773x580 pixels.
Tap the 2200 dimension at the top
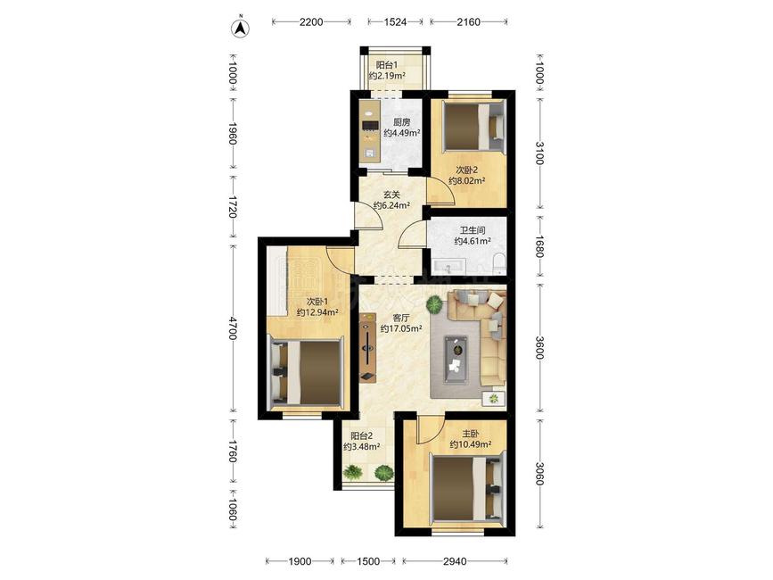[311, 21]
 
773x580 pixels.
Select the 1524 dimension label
[395, 21]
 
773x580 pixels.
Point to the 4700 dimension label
[232, 328]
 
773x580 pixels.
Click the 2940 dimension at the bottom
[455, 561]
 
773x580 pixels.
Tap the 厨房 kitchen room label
[401, 122]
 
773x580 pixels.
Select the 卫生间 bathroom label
[473, 230]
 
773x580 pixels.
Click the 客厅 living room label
[400, 318]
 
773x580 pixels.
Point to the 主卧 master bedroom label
[470, 434]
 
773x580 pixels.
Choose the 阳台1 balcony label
[387, 64]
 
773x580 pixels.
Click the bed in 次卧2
[473, 126]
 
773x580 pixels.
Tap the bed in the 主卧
[468, 490]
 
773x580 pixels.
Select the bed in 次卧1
[305, 372]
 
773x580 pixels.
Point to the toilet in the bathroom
[500, 263]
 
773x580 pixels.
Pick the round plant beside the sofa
[434, 304]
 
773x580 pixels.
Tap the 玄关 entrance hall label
[391, 195]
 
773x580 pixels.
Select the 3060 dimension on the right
[539, 474]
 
